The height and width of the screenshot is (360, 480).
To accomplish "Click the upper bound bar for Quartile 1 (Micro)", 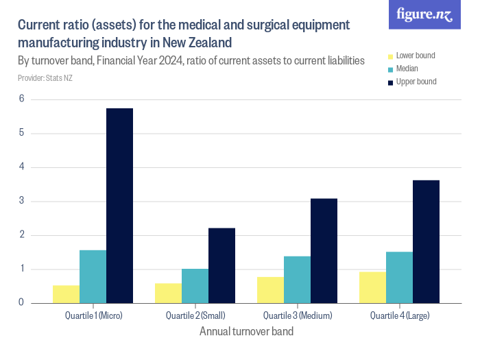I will click(119, 205).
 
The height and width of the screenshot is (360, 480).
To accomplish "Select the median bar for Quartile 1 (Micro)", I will click(93, 276).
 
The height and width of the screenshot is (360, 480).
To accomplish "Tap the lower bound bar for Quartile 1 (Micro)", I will click(66, 293).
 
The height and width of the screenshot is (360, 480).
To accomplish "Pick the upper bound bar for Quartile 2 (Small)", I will click(221, 265).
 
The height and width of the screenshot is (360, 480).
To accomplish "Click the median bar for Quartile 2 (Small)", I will click(195, 285).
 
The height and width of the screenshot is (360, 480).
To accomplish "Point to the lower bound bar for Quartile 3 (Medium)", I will click(270, 289).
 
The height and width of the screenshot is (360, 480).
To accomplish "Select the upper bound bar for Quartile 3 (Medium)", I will click(324, 250).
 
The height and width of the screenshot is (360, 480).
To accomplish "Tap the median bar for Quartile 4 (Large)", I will click(399, 277).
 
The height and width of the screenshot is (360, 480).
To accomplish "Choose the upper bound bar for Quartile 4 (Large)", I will click(426, 241).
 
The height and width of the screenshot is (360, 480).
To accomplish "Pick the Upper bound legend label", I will click(416, 82).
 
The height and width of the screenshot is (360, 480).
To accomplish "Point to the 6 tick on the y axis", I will click(21, 99).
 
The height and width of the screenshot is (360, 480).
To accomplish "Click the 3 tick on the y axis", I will click(21, 201).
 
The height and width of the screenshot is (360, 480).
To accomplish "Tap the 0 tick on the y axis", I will click(21, 302).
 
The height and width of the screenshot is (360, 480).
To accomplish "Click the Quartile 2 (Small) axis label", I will click(195, 315).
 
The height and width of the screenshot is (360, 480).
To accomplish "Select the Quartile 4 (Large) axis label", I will click(399, 315).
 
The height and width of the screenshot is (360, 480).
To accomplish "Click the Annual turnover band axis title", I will click(246, 332).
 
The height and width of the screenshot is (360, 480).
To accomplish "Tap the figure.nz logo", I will click(424, 15).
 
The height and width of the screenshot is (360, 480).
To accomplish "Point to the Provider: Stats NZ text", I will click(45, 78).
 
